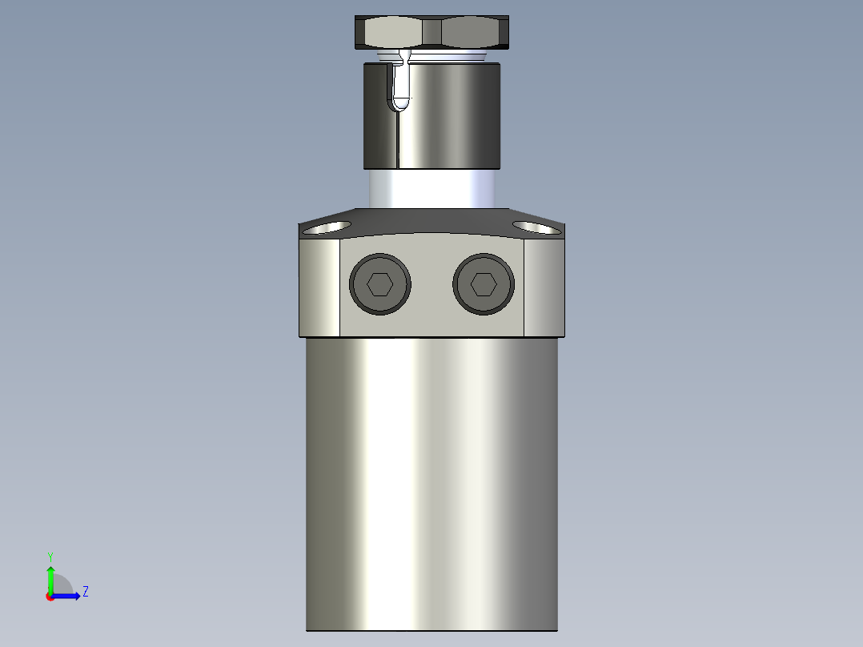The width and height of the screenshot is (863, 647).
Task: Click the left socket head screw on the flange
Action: click(380, 284)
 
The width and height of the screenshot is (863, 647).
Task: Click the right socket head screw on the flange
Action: click(484, 284)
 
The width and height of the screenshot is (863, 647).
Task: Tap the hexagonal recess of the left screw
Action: click(379, 284)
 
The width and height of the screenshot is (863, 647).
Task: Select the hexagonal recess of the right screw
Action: click(484, 284)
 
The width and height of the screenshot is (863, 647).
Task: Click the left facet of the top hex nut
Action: click(389, 33)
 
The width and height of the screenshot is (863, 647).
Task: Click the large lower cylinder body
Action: click(431, 480)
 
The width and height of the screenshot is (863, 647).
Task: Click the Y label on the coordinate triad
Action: click(50, 556)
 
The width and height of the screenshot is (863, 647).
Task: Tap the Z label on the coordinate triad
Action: click(86, 592)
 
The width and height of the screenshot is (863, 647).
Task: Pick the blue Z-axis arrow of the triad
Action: click(67, 596)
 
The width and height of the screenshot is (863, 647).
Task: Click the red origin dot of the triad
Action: click(50, 597)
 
